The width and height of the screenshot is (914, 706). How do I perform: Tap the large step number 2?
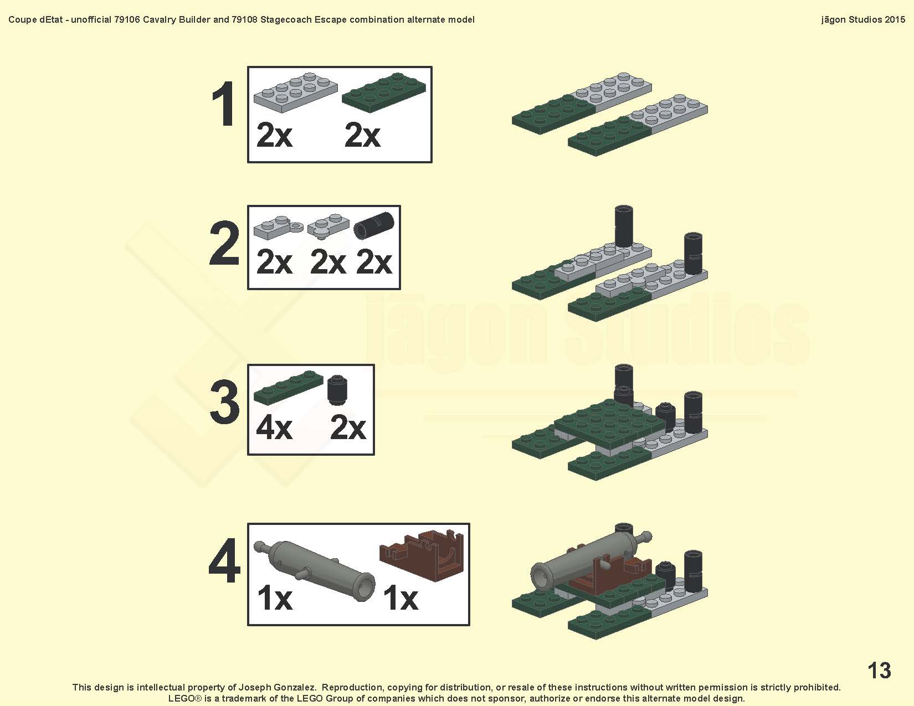(x=224, y=243)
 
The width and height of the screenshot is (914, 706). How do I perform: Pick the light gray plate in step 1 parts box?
(x=295, y=92)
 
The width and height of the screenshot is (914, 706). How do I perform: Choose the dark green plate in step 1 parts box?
(x=383, y=92)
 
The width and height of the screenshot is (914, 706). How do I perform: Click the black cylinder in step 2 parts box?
(x=374, y=225)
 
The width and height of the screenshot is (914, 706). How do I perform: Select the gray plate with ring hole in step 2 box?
(x=278, y=227)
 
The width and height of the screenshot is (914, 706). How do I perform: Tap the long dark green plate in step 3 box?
(x=289, y=387)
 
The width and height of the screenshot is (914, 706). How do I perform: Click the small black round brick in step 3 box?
(x=337, y=390)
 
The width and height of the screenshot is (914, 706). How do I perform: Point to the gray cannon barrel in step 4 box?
(x=314, y=570)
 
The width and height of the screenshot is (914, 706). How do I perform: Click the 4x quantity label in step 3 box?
(x=274, y=428)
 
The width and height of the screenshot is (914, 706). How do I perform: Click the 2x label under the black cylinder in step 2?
(x=374, y=262)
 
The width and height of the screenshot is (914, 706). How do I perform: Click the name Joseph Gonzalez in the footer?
(x=278, y=688)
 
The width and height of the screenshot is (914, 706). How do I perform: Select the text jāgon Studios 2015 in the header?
(x=862, y=19)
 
